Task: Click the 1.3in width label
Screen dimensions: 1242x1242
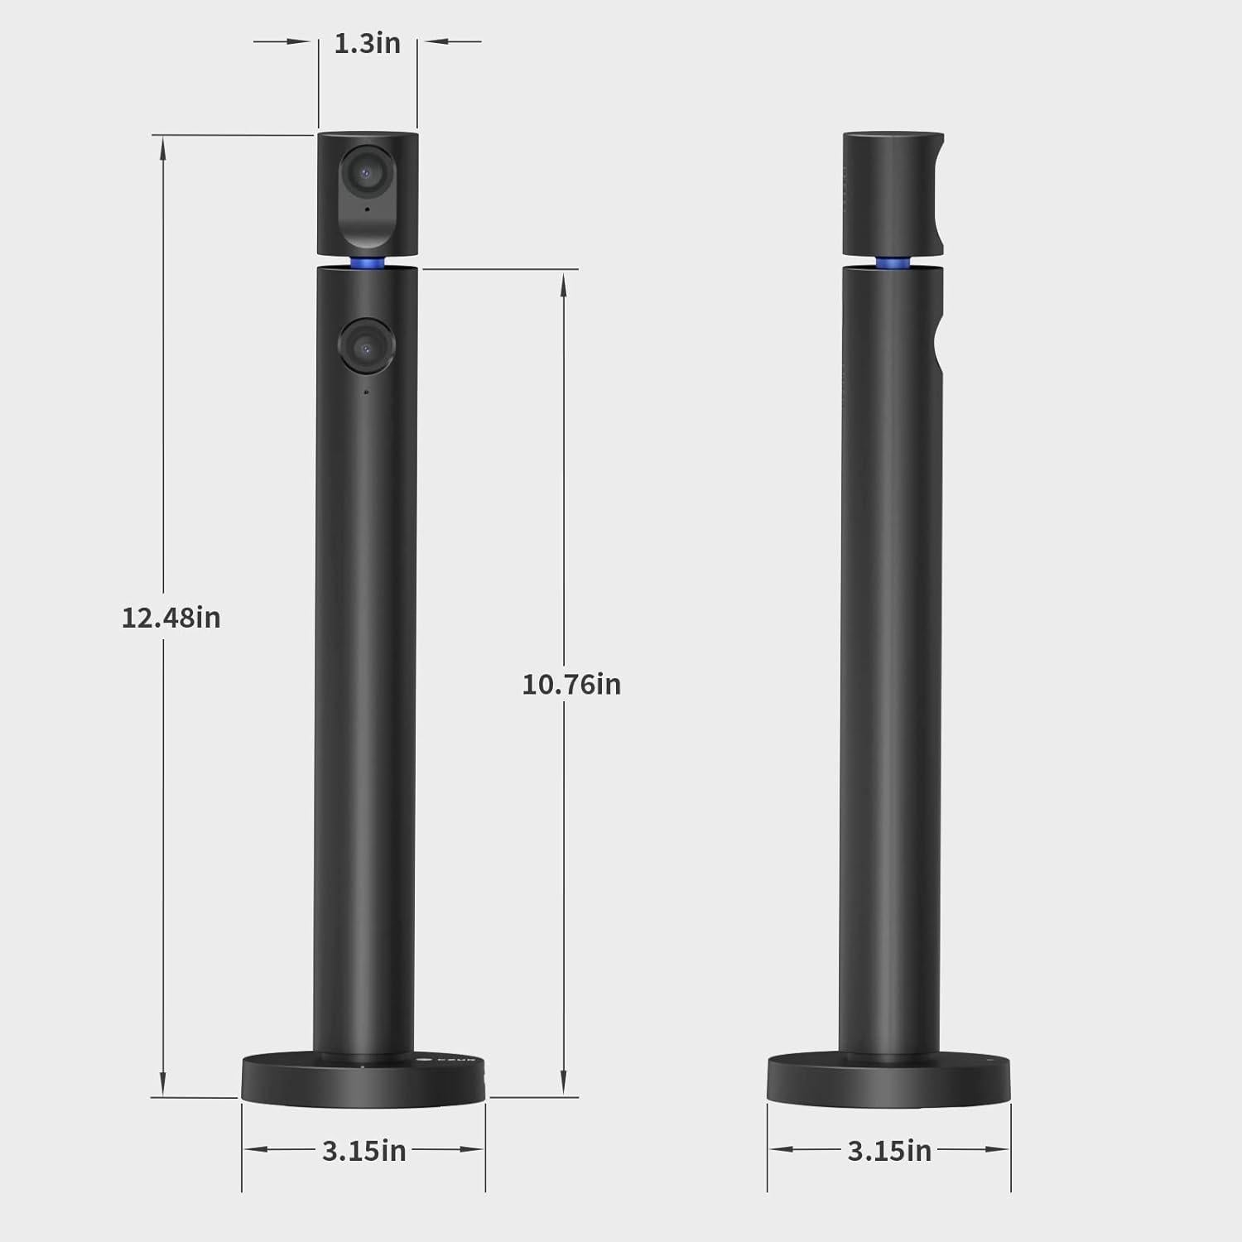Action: click(367, 43)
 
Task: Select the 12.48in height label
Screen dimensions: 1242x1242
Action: click(171, 618)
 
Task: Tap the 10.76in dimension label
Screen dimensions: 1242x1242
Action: click(571, 685)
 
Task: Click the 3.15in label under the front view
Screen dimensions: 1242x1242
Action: click(363, 1151)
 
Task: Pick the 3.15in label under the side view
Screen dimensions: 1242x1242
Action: click(889, 1151)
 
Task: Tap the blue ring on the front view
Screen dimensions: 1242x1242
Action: click(367, 262)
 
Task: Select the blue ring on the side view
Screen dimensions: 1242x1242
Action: click(892, 262)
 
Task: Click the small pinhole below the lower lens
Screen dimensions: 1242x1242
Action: click(366, 392)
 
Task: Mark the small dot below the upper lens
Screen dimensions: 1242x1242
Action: click(366, 209)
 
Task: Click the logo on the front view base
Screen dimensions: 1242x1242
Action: click(425, 1059)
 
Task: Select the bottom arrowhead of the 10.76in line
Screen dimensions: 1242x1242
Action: click(564, 1083)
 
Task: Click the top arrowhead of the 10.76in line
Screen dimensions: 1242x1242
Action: click(564, 283)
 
